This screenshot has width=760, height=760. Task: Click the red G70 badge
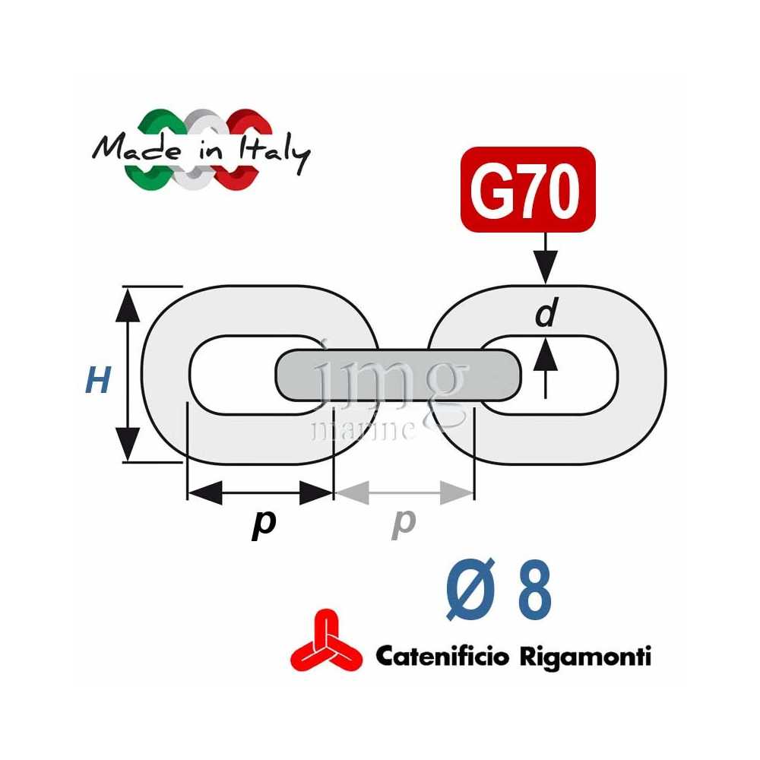[x=527, y=189]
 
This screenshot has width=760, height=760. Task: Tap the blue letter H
[x=97, y=379]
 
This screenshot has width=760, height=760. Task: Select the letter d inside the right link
[x=546, y=312]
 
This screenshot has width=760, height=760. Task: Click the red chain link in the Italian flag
[x=245, y=144]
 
